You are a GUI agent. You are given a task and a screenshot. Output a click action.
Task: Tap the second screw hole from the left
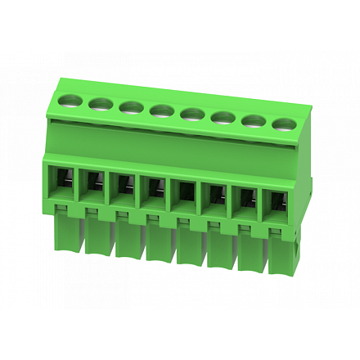[x=101, y=103]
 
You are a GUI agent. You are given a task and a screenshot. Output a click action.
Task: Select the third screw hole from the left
[x=130, y=106]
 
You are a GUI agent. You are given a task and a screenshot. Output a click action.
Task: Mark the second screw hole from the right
[x=253, y=121]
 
